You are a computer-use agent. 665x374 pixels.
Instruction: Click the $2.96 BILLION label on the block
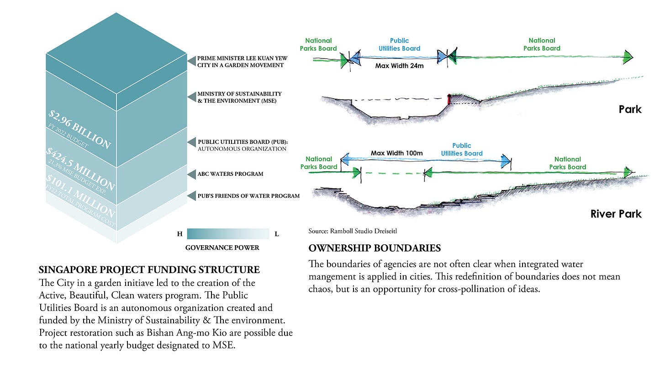click(79, 129)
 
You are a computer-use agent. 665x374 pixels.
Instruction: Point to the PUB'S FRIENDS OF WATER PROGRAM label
click(248, 196)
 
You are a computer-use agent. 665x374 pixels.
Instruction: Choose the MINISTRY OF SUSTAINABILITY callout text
click(239, 97)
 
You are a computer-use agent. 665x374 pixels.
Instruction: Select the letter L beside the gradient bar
click(276, 234)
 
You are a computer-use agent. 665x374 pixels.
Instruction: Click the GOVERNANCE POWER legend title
click(222, 248)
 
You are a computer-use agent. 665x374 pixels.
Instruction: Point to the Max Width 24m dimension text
click(399, 66)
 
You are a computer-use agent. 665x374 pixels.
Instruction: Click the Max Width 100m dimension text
click(396, 153)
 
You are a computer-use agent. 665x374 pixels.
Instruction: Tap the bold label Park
click(630, 109)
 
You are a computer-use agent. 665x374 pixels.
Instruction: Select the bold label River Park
click(616, 214)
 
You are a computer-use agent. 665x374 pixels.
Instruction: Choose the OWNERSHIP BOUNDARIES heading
click(375, 248)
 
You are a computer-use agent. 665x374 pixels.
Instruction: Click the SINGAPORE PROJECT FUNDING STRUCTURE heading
click(149, 269)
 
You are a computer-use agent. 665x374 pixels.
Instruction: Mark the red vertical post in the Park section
click(449, 99)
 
